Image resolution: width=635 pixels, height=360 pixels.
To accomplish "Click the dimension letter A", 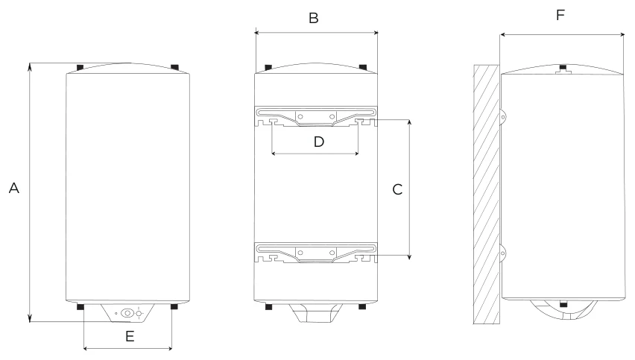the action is (13, 189).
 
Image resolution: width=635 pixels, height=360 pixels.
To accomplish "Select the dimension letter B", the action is (314, 18).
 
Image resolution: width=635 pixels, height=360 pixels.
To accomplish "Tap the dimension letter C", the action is (397, 189).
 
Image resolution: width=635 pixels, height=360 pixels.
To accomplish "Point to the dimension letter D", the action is (319, 142).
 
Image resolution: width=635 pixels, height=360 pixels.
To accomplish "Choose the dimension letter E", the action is (130, 336).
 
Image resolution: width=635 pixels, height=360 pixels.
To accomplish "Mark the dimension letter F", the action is (560, 16).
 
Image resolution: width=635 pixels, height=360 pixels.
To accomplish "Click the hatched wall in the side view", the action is (487, 195).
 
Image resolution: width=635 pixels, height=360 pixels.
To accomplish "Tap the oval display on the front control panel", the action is (127, 313).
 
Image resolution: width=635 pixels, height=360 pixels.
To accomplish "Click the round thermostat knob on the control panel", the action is (139, 313).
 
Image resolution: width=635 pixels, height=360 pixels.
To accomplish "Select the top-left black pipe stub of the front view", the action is (80, 67).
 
